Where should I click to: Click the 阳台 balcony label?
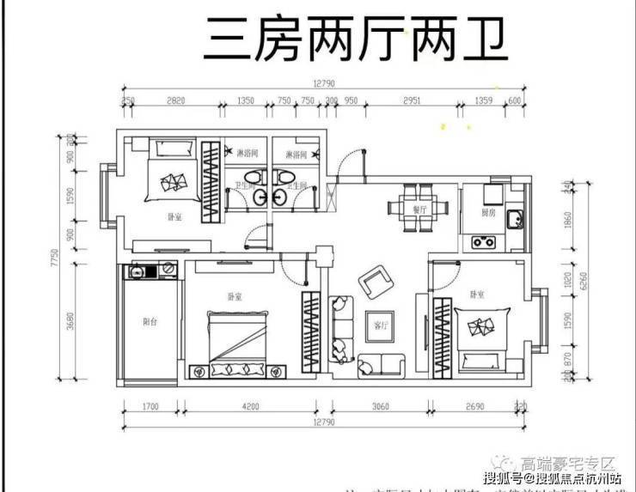pos(150,322)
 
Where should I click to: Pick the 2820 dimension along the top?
pos(176,100)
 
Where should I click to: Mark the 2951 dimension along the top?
pos(413,100)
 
